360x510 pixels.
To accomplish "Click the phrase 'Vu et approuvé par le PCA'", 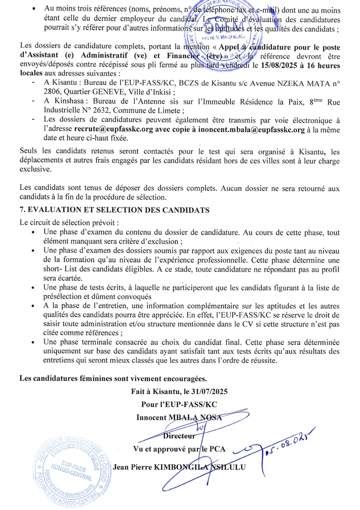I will click(x=179, y=448).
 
